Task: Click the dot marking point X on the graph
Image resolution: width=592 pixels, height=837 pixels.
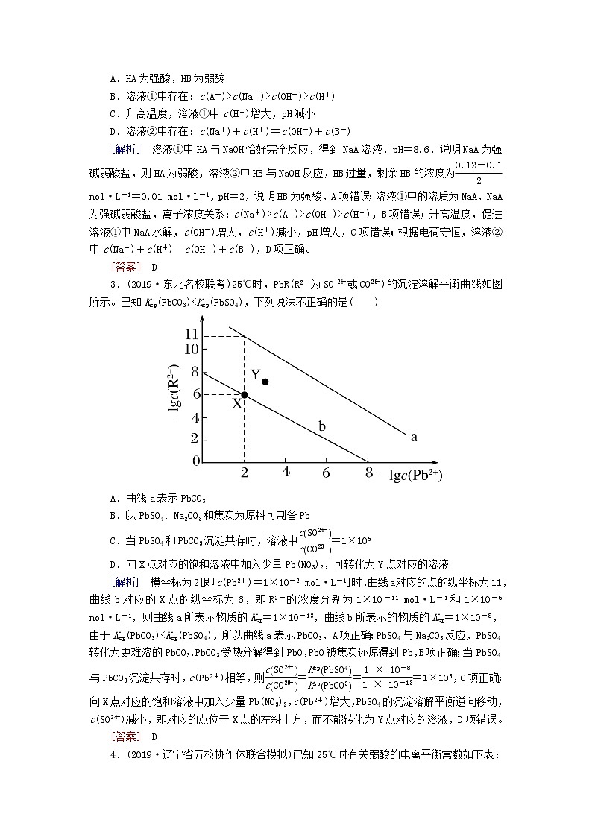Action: [245, 394]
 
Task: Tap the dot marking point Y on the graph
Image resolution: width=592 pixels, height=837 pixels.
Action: [265, 382]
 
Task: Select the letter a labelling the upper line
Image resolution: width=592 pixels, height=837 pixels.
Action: [414, 437]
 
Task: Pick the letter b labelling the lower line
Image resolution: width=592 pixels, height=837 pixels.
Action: [322, 426]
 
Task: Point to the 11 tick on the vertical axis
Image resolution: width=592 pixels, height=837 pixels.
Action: [192, 335]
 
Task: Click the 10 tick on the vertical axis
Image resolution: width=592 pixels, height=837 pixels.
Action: [192, 349]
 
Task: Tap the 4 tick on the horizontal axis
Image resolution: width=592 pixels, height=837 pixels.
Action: [286, 471]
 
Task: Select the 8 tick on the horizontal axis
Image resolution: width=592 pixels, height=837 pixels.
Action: [368, 472]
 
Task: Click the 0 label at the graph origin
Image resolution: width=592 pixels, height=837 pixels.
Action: [196, 461]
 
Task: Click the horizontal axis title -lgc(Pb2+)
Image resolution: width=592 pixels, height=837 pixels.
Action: [411, 476]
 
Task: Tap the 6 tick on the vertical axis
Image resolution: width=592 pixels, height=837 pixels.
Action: [195, 394]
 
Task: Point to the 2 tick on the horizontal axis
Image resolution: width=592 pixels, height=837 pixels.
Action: [245, 472]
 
